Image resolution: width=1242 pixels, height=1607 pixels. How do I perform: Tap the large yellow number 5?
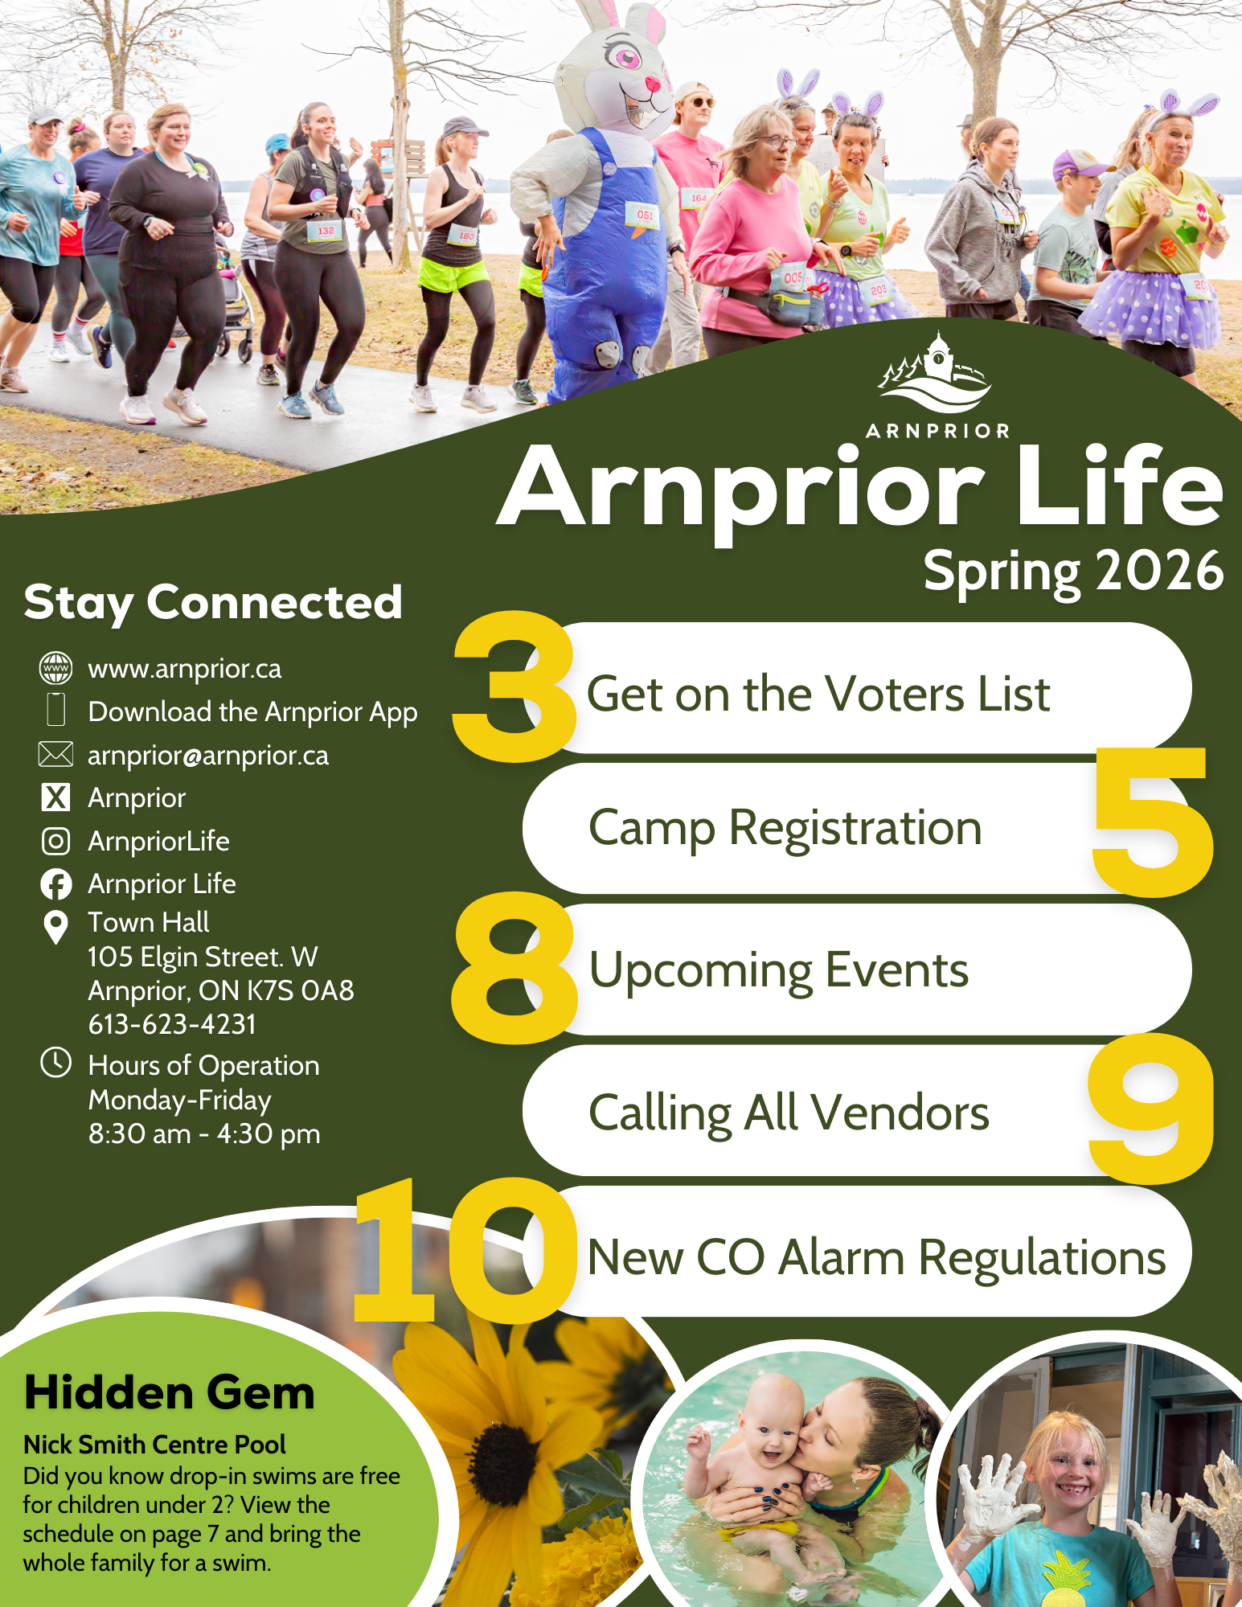(x=1152, y=821)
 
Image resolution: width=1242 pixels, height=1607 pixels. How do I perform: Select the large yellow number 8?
(x=514, y=968)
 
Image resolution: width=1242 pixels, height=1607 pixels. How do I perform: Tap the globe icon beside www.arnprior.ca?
(x=55, y=668)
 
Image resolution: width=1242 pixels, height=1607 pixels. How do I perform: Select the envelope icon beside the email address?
(x=55, y=754)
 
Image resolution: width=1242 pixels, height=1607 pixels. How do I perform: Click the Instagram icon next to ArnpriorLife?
(x=55, y=841)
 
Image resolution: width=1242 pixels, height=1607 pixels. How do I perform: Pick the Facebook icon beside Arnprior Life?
(x=55, y=884)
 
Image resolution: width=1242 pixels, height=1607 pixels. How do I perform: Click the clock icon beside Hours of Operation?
(x=55, y=1062)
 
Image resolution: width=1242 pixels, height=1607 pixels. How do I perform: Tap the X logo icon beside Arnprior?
(x=55, y=797)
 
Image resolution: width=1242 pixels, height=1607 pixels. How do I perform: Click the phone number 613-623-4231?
(x=172, y=1024)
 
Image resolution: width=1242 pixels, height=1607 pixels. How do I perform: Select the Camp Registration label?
(x=785, y=829)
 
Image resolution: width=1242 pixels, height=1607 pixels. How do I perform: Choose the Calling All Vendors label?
(x=789, y=1113)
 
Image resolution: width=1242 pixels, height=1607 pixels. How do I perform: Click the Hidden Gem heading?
(x=169, y=1393)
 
